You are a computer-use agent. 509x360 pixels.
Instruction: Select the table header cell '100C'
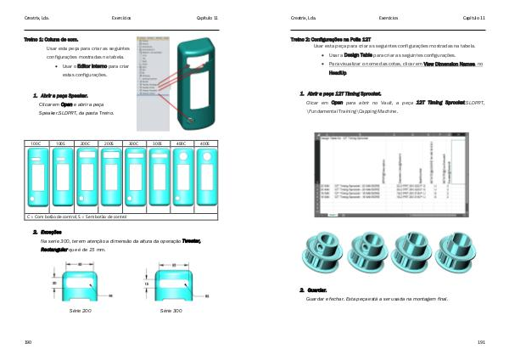point(36,144)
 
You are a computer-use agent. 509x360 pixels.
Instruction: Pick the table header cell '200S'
point(109,144)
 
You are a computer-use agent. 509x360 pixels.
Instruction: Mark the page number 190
point(27,341)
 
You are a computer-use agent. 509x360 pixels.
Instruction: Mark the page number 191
point(480,341)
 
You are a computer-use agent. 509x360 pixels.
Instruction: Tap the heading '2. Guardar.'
point(314,290)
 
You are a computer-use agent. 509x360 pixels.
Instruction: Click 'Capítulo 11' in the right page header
point(473,17)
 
